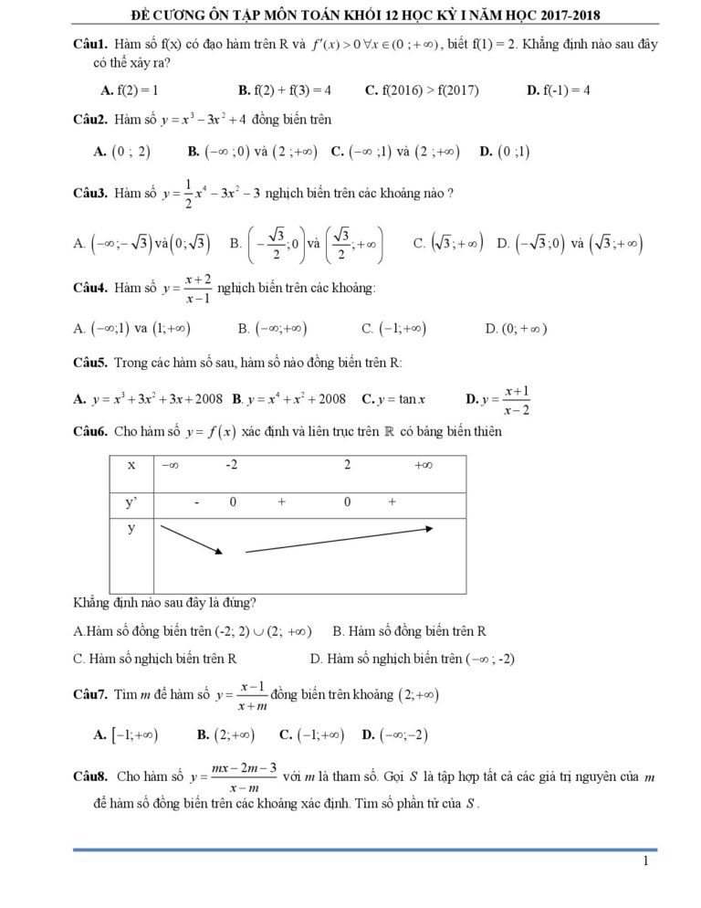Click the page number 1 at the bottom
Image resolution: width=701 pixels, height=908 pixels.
click(x=645, y=860)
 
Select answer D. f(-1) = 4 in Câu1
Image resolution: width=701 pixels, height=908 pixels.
click(x=560, y=90)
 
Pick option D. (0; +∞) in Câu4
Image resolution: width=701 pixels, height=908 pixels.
click(x=517, y=328)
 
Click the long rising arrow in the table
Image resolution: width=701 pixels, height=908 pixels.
click(x=340, y=540)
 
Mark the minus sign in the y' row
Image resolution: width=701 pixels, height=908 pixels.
click(x=196, y=502)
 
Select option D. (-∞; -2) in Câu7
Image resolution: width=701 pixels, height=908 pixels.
click(x=395, y=734)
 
